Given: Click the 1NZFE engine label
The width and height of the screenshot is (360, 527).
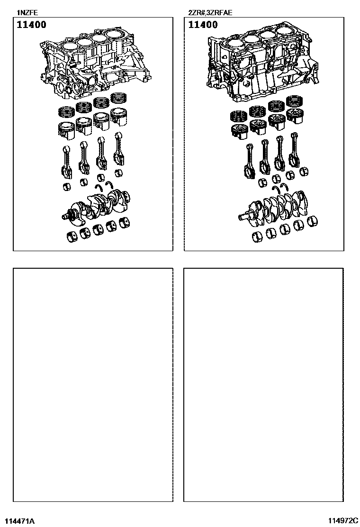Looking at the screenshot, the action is pyautogui.click(x=27, y=13).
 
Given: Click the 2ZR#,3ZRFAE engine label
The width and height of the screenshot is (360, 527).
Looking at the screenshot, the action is pyautogui.click(x=210, y=13).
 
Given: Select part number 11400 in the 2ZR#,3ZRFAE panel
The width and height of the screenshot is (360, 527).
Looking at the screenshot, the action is pyautogui.click(x=203, y=25).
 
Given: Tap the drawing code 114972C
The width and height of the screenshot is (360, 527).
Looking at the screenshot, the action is pyautogui.click(x=343, y=521).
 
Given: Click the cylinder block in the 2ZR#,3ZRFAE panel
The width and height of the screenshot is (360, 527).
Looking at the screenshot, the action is pyautogui.click(x=262, y=64).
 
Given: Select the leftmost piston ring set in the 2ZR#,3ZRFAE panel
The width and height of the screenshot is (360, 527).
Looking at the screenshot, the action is pyautogui.click(x=238, y=116).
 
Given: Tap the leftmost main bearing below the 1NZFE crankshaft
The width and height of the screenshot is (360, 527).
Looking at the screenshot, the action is pyautogui.click(x=72, y=236).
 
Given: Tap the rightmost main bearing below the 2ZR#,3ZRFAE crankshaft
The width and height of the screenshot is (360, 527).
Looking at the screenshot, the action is pyautogui.click(x=313, y=221).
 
